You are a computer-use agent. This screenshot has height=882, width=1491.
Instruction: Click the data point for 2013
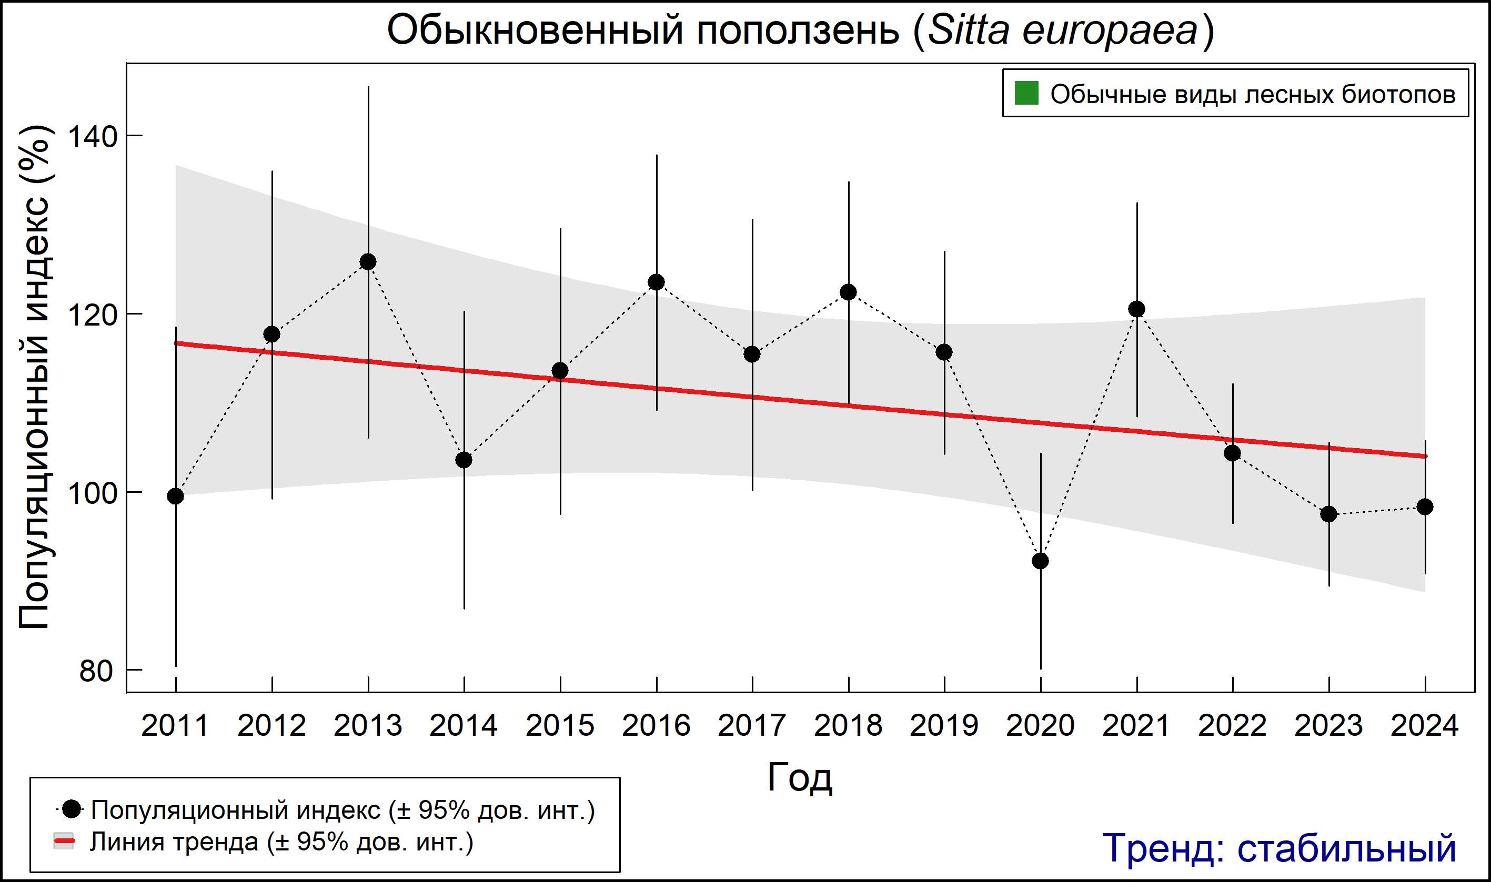tap(368, 261)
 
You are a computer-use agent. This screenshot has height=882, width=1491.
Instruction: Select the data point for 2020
tap(1040, 561)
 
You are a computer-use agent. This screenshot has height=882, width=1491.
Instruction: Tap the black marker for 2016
tap(657, 282)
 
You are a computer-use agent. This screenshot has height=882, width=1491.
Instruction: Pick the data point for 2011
tap(175, 495)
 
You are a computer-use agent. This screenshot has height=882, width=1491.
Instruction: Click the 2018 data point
tap(848, 292)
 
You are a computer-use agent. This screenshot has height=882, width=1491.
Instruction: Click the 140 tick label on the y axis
tap(91, 137)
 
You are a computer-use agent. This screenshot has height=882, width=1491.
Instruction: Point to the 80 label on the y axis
tap(96, 671)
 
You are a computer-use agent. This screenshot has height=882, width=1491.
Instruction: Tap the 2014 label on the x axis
tap(464, 725)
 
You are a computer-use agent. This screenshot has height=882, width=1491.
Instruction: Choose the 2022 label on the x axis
tap(1232, 725)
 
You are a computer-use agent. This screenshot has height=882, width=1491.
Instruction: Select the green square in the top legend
tap(1026, 93)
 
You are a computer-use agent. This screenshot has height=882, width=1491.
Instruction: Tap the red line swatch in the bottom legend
tap(64, 841)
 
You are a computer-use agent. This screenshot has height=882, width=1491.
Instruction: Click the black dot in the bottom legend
tap(72, 809)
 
